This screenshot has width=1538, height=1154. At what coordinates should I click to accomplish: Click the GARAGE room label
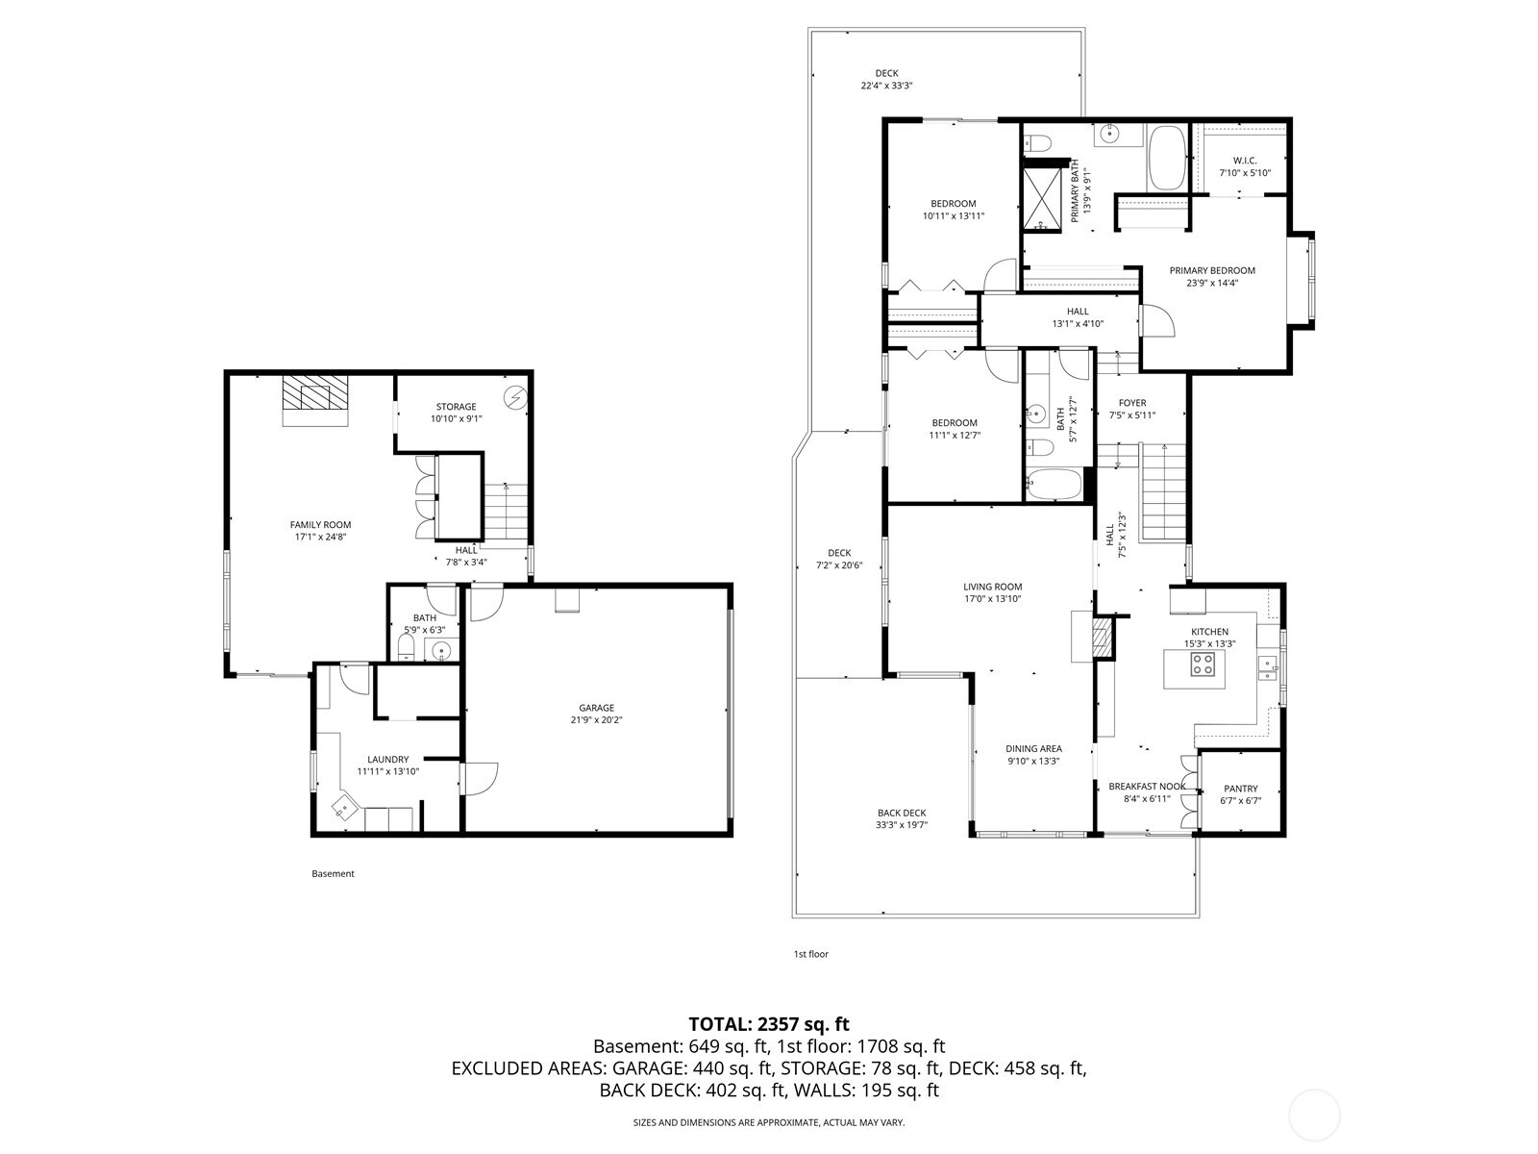point(596,708)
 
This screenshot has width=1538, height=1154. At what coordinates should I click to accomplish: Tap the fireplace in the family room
point(315,396)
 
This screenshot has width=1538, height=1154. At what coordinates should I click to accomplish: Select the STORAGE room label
point(456,407)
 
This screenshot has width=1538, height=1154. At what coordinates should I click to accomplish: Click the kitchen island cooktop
point(1202,664)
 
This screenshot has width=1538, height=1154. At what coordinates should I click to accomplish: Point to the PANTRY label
point(1240,789)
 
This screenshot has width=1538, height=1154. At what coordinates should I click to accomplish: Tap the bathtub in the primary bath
point(1169,159)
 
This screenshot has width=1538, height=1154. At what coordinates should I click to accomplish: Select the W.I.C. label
point(1245,161)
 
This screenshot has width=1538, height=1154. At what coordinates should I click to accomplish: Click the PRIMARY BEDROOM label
point(1212,270)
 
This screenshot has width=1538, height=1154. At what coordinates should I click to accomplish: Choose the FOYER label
point(1132,403)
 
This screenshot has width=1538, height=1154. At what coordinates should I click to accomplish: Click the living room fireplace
point(1101,637)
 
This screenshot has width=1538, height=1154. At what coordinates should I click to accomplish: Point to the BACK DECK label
point(902,813)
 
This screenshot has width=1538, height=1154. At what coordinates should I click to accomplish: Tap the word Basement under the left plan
point(333,874)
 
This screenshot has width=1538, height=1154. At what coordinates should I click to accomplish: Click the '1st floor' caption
point(810,954)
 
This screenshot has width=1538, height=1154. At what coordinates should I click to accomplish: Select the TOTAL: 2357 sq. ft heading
point(769,1024)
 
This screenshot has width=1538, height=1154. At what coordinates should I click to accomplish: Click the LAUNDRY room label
point(388,759)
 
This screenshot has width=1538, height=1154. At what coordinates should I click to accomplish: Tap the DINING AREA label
point(1033,748)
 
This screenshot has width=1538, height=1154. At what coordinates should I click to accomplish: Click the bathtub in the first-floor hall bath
point(1054,483)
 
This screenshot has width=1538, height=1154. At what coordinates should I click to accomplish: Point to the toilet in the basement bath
point(408,645)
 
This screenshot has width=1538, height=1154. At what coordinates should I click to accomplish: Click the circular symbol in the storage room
point(515,395)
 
